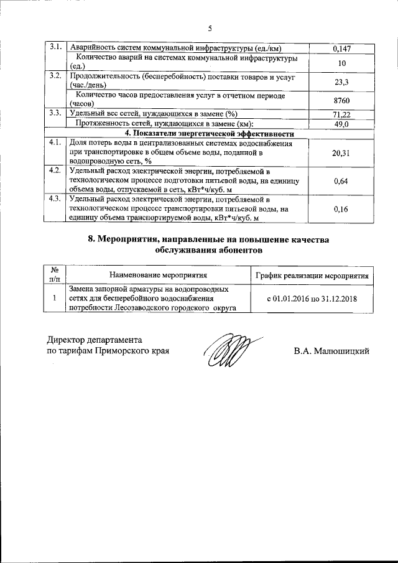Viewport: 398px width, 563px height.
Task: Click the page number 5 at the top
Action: [x=210, y=29]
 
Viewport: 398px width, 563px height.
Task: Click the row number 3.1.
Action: [x=55, y=47]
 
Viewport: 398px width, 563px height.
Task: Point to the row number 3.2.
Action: [x=55, y=76]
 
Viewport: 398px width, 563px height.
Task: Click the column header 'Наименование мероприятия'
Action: [x=158, y=274]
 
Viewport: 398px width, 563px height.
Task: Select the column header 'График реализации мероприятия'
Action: [x=312, y=274]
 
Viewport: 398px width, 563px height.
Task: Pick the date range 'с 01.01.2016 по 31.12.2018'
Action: [x=312, y=299]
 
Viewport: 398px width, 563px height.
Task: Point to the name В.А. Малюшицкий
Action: [x=332, y=351]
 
